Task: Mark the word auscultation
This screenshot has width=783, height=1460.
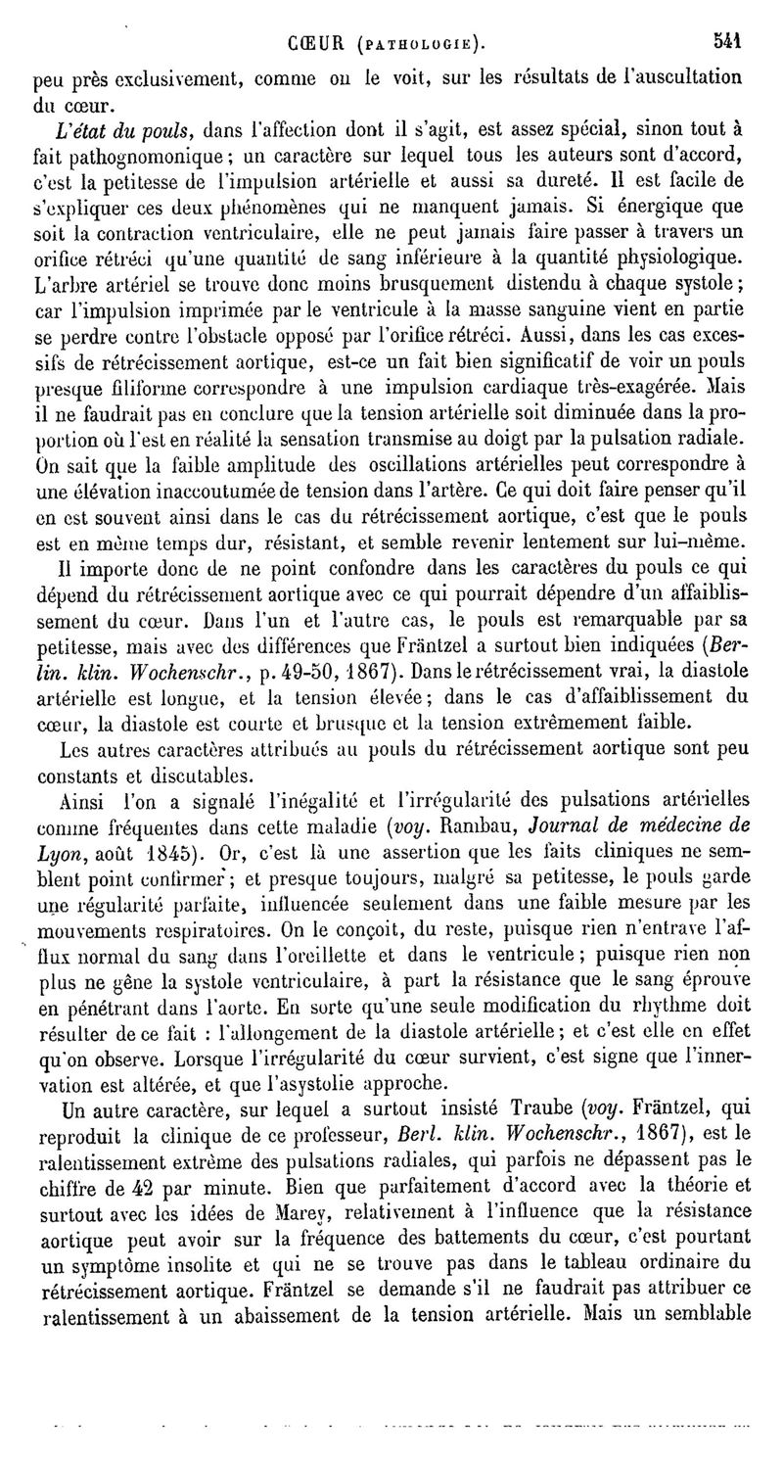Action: [x=685, y=75]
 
